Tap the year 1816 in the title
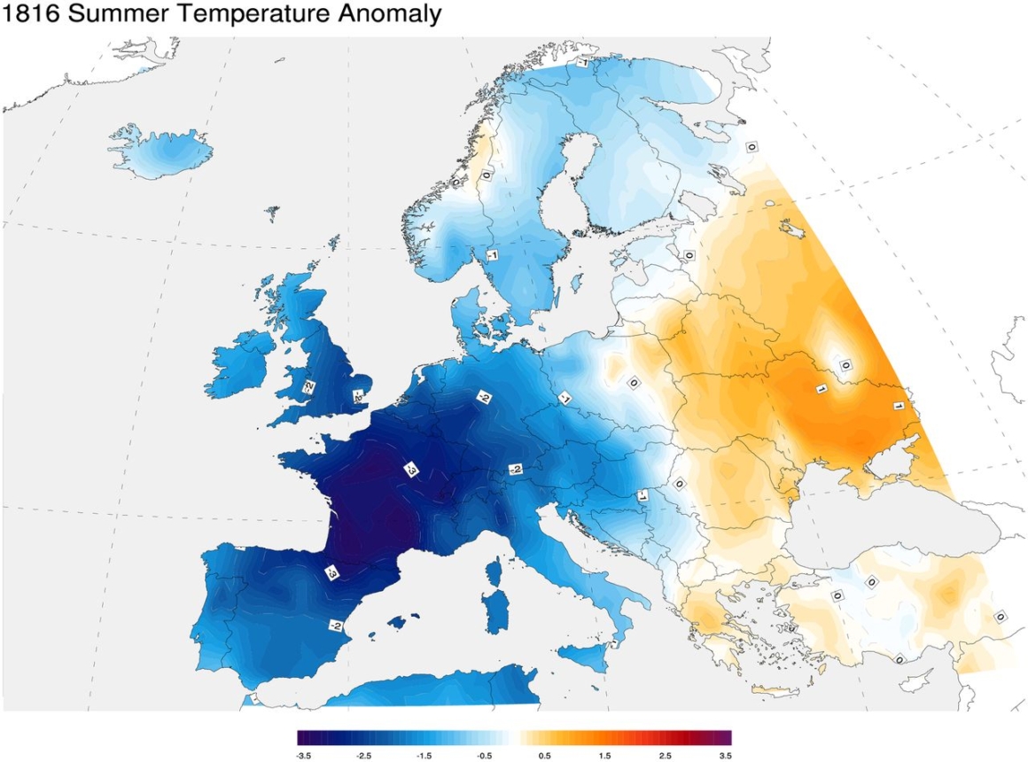pos(32,15)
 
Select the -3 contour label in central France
pos(411,470)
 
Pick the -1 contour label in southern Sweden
pos(491,255)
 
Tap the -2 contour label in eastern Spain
pos(336,626)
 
